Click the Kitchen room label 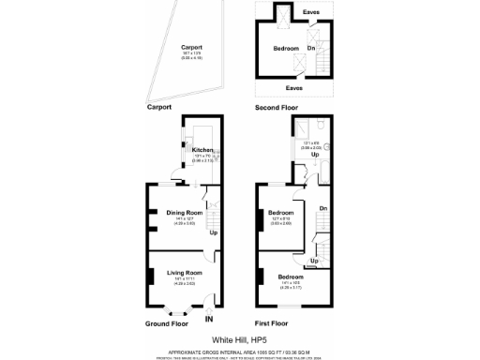(x=203, y=149)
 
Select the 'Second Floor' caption (x=280, y=108)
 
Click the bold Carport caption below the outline (x=161, y=108)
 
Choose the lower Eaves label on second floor (x=294, y=87)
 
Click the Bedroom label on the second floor (x=286, y=48)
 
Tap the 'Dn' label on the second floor (x=311, y=47)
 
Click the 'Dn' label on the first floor (x=322, y=208)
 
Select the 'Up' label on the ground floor (x=213, y=232)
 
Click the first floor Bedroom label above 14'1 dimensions (x=290, y=277)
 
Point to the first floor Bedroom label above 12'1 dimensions (x=281, y=212)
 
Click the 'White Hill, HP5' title (x=239, y=339)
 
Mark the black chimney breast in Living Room (x=150, y=277)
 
